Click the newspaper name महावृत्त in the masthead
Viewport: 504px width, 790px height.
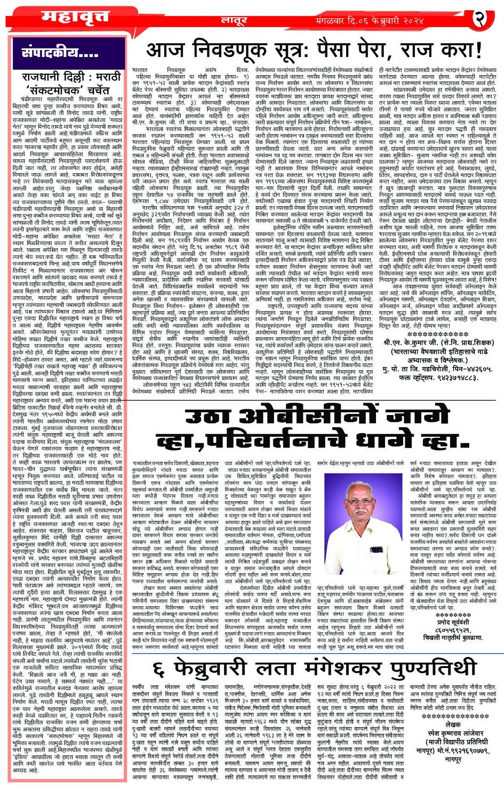pos(70,18)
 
